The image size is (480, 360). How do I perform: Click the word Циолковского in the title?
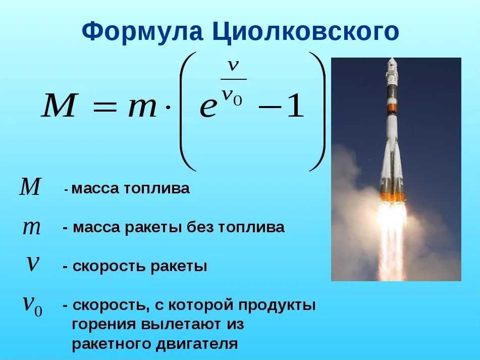[305, 32]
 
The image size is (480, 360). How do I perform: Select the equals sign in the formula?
[104, 107]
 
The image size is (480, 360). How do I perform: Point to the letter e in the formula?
[208, 108]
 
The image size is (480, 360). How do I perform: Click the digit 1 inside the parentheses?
[295, 106]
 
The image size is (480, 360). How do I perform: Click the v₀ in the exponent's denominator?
[232, 96]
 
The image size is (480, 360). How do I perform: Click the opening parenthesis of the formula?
[188, 112]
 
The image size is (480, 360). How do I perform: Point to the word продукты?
[277, 306]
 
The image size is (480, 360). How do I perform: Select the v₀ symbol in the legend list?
[33, 304]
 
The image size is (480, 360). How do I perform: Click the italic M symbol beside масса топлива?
[30, 186]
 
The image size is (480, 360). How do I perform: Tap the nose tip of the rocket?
[392, 59]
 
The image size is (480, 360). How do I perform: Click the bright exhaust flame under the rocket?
[391, 233]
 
